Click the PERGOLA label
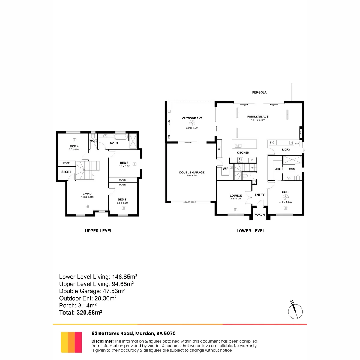click(x=259, y=92)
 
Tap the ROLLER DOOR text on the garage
click(x=189, y=202)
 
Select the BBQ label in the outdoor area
click(x=169, y=122)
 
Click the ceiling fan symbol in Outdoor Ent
click(x=192, y=123)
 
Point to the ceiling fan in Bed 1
click(x=286, y=197)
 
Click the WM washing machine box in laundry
click(x=297, y=143)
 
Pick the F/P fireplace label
click(x=301, y=133)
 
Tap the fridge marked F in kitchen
click(x=252, y=160)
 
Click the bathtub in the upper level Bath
click(x=121, y=136)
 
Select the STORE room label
click(x=66, y=172)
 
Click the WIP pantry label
click(x=226, y=169)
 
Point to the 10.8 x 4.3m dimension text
click(x=258, y=120)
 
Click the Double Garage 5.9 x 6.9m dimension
click(x=192, y=175)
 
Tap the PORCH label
click(x=259, y=215)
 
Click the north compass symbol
click(x=295, y=311)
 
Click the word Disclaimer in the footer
click(x=102, y=341)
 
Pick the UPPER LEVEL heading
click(x=99, y=231)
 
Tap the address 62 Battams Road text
click(x=112, y=334)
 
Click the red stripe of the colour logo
click(x=78, y=342)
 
